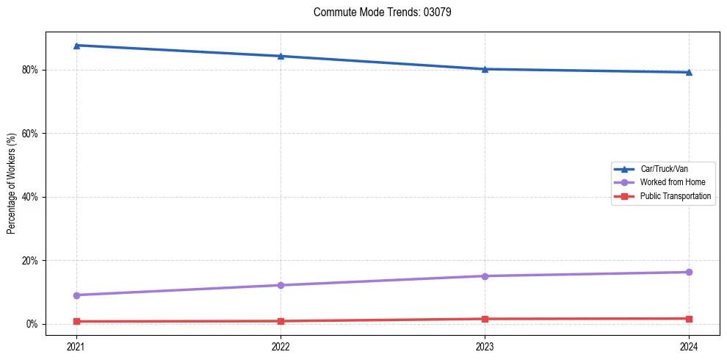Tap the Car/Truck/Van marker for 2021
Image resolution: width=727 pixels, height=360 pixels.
76,46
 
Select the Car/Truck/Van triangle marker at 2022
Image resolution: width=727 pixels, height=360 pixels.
281,56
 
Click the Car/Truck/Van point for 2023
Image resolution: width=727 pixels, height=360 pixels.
485,69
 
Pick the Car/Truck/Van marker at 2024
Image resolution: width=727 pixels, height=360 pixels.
689,72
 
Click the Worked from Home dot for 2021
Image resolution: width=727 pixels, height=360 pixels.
76,295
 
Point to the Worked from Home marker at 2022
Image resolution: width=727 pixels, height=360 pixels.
281,285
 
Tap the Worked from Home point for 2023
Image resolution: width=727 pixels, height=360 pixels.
485,276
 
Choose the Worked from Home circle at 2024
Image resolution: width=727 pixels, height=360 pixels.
689,273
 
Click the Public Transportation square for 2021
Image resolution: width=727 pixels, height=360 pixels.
76,321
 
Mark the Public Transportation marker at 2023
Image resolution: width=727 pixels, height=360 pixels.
485,319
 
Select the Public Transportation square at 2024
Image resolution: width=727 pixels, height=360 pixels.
689,319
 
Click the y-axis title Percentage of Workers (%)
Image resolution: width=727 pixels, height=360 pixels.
11,184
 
